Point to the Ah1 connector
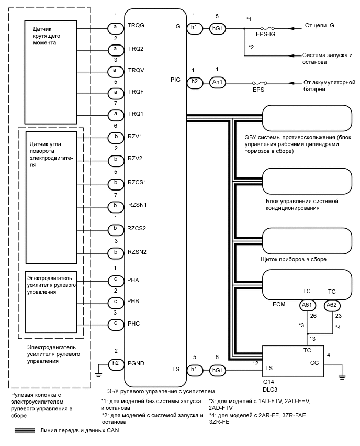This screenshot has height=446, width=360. point(217,83)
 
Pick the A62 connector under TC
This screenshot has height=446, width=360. point(331,305)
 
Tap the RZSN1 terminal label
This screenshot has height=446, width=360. point(137,205)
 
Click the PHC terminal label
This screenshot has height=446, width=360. point(134,323)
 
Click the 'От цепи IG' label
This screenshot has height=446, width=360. point(319,25)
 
